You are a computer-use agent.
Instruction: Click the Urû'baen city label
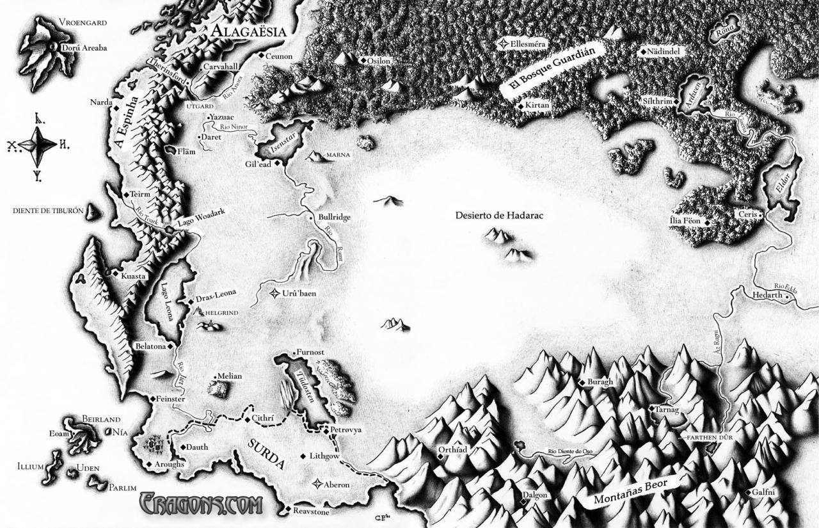[299, 294]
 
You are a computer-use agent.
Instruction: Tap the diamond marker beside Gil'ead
[278, 164]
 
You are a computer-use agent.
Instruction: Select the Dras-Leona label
[216, 293]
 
